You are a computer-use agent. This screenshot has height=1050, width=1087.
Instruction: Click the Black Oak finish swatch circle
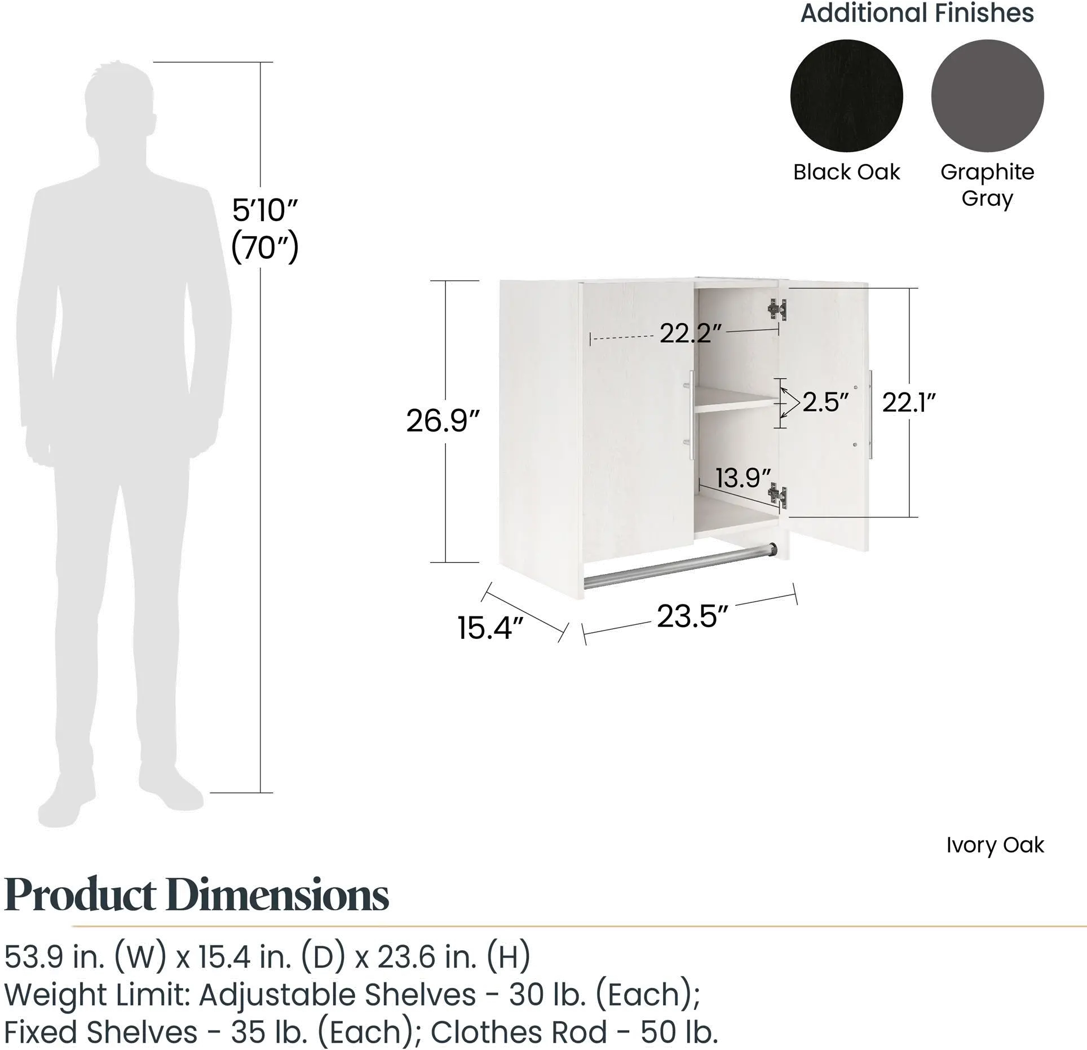click(846, 96)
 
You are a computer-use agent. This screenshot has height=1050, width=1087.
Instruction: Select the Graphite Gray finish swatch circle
click(987, 96)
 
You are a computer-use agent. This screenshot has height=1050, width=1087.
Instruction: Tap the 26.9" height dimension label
click(443, 421)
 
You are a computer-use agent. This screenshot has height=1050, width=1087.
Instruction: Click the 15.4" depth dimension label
click(492, 628)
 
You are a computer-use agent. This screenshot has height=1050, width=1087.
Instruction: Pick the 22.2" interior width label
click(691, 334)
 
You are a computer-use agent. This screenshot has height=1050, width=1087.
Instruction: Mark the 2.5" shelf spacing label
click(825, 402)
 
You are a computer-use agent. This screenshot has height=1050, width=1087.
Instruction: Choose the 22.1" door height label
click(909, 402)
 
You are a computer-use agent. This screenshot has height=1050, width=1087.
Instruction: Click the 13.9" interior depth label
click(743, 478)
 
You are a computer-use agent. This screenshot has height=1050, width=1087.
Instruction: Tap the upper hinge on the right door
click(777, 309)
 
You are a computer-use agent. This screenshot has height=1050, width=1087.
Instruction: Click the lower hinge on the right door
click(777, 496)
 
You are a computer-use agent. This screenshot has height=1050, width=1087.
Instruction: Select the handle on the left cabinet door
click(691, 415)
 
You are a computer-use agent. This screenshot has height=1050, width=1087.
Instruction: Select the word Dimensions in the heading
click(278, 895)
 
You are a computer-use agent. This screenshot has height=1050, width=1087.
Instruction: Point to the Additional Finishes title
click(917, 13)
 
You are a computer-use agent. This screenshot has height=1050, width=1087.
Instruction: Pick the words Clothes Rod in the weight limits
click(519, 1032)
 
